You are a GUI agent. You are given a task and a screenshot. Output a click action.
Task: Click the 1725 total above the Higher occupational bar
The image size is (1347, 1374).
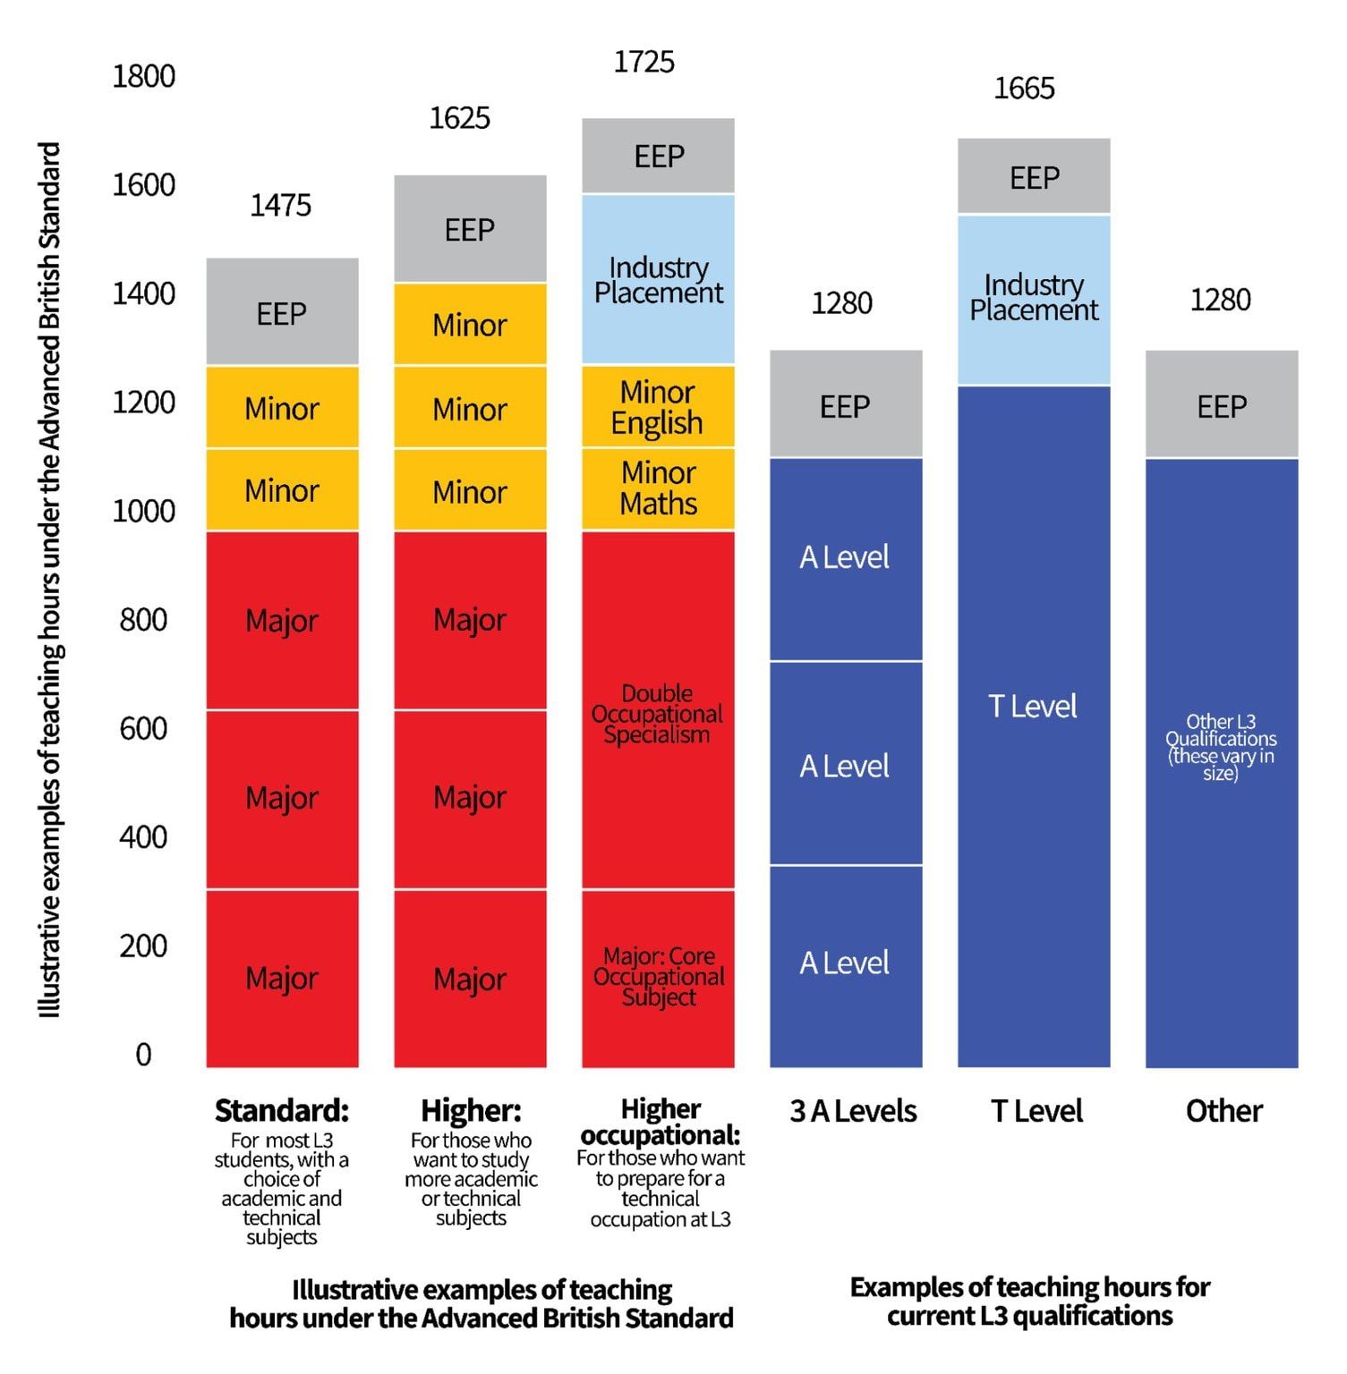click(x=644, y=62)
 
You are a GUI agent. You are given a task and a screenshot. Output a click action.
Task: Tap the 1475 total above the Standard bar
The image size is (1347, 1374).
click(x=280, y=206)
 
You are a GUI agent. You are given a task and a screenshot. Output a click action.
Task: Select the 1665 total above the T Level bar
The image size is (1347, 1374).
click(x=1024, y=89)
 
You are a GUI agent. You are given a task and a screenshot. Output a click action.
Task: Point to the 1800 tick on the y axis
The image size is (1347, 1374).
click(x=143, y=77)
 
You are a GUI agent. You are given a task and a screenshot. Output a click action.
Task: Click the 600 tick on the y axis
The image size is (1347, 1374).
click(x=143, y=728)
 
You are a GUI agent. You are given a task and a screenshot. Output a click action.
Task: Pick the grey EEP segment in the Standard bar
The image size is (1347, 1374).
click(x=282, y=313)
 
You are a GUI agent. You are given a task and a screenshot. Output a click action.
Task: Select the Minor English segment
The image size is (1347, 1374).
click(x=658, y=407)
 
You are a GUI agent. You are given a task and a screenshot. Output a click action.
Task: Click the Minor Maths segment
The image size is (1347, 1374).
click(x=658, y=489)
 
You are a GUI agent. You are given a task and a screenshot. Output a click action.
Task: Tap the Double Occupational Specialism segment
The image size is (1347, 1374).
click(x=658, y=713)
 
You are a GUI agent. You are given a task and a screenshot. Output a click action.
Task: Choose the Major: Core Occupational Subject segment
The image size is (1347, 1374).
click(x=658, y=977)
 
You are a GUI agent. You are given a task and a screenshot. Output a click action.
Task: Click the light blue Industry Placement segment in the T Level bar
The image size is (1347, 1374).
click(x=1034, y=299)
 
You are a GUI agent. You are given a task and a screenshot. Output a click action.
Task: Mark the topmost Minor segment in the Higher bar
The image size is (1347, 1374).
click(x=470, y=325)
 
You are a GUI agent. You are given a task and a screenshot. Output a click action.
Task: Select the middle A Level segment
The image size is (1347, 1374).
click(x=845, y=766)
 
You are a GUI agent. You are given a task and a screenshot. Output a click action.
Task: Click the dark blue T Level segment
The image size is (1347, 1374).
click(x=1033, y=707)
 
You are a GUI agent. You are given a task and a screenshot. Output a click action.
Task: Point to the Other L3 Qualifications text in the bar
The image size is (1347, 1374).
click(x=1221, y=747)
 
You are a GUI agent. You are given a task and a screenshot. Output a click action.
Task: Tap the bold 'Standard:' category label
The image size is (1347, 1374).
click(x=282, y=1111)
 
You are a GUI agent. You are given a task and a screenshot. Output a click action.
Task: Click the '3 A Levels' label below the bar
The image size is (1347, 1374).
click(x=853, y=1111)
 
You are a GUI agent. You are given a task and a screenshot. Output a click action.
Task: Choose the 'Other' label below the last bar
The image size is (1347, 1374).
click(x=1223, y=1111)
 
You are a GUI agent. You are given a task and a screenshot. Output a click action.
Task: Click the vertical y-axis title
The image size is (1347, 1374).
click(x=50, y=580)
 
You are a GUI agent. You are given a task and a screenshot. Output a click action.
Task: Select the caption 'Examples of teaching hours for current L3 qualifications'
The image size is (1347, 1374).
click(x=1029, y=1302)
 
